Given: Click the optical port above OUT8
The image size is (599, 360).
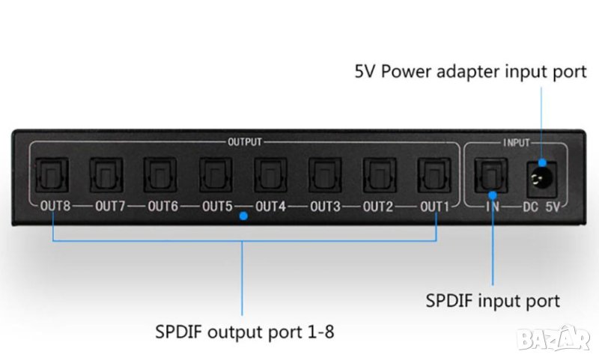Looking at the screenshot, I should (52, 174).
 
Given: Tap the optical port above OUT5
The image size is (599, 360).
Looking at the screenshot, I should (216, 174).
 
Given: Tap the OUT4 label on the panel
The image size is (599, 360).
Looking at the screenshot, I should (271, 206).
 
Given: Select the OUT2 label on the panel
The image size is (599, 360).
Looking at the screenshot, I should (379, 206).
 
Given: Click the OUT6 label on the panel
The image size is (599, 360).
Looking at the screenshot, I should (162, 206).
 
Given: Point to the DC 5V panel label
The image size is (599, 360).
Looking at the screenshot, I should (547, 206).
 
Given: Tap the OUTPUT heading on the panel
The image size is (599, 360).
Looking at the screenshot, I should (244, 141).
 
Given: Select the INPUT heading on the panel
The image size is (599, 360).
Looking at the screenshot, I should (515, 141).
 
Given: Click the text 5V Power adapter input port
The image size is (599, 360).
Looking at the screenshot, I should (469, 73).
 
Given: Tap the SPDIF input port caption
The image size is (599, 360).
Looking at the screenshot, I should (492, 302).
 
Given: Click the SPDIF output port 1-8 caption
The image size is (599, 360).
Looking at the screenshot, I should (244, 330).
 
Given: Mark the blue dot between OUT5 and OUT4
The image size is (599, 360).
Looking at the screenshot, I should (243, 216).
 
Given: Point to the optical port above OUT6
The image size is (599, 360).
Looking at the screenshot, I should (161, 174).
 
